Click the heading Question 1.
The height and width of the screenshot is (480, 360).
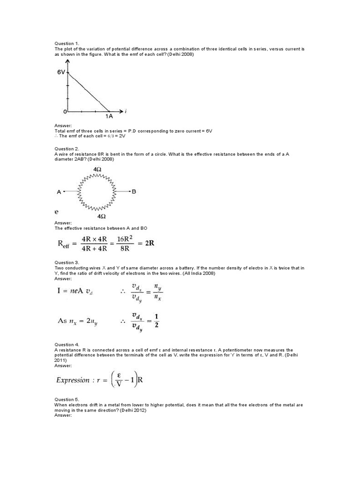(x=65, y=43)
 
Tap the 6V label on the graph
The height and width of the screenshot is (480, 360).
(x=61, y=73)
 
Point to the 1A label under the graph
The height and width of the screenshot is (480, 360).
(x=108, y=116)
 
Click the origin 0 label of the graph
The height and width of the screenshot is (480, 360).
(x=65, y=112)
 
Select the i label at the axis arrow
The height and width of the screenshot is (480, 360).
(x=126, y=111)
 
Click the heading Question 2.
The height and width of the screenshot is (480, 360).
(x=65, y=148)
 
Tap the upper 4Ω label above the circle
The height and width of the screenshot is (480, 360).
(x=98, y=168)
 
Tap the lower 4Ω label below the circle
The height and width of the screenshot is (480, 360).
(x=101, y=217)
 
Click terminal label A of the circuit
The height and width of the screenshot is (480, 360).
(x=59, y=191)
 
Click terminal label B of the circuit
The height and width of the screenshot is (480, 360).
(x=134, y=191)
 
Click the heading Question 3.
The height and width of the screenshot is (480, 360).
(x=65, y=262)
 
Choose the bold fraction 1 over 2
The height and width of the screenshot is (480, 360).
(x=157, y=321)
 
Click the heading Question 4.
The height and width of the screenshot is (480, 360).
(x=65, y=345)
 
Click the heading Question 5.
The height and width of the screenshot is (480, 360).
(x=65, y=399)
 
